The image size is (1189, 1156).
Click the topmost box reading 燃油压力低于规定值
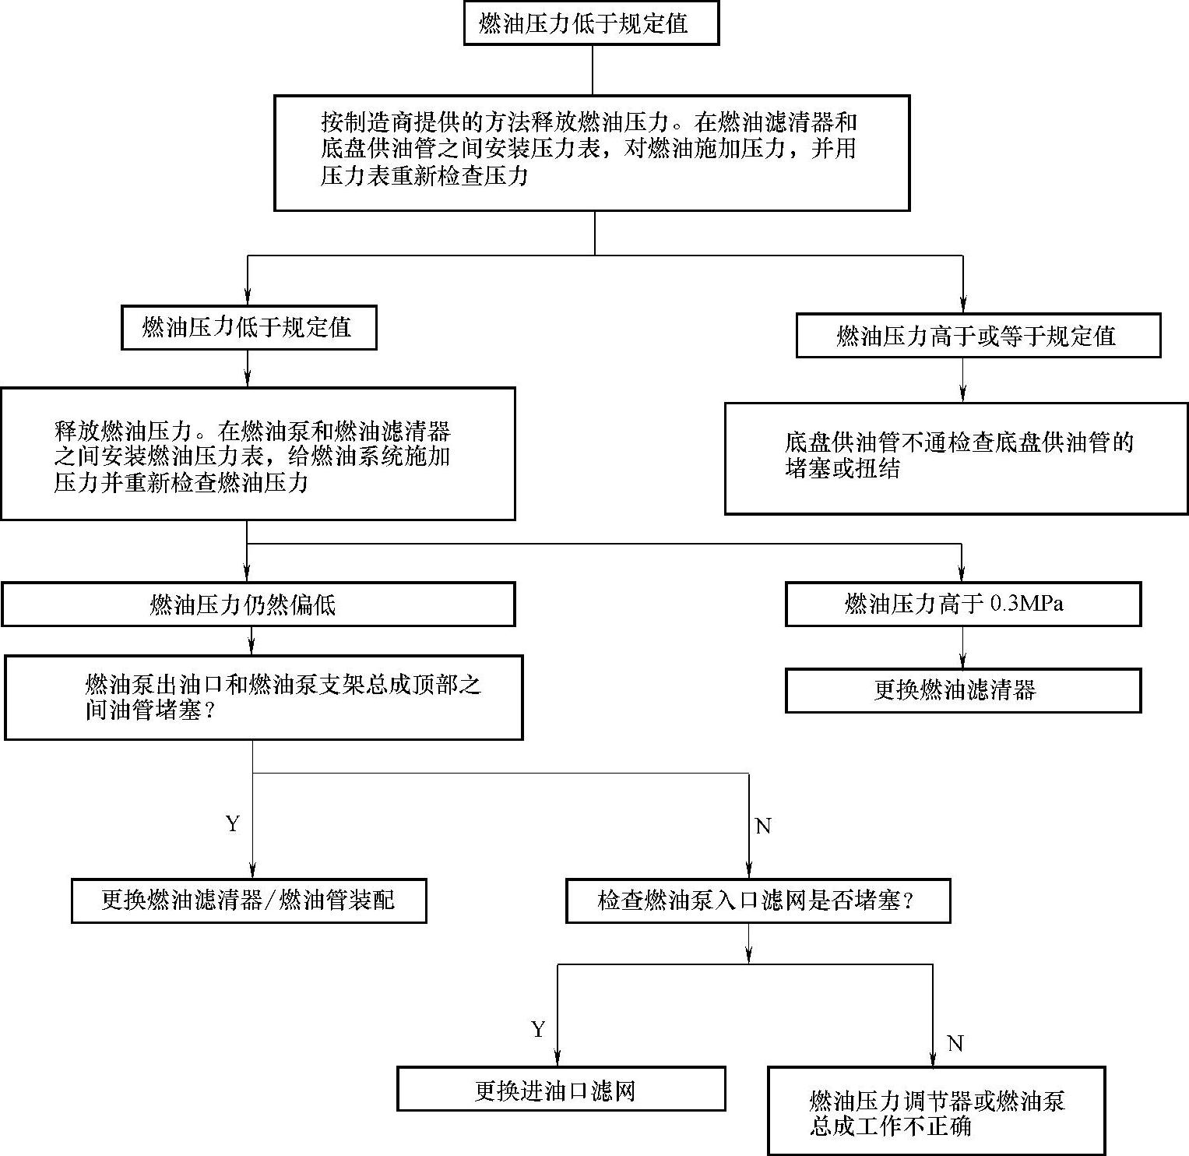click(x=590, y=23)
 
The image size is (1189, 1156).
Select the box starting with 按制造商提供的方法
click(x=592, y=153)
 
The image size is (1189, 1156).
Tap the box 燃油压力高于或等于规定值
click(x=977, y=336)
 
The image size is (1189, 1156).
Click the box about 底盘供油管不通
click(x=955, y=457)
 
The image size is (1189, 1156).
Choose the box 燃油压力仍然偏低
click(x=258, y=604)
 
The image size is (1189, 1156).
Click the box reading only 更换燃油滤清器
click(x=962, y=690)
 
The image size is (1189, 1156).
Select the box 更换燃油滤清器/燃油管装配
click(x=248, y=900)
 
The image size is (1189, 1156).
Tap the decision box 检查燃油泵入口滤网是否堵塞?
click(x=758, y=901)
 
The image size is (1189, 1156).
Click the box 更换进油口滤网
click(x=561, y=1089)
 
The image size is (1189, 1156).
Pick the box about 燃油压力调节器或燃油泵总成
click(x=936, y=1112)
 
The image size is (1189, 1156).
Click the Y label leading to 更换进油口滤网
click(x=538, y=1030)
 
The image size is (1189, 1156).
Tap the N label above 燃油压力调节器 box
click(x=955, y=1044)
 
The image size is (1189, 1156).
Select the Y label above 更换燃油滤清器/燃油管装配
click(x=232, y=824)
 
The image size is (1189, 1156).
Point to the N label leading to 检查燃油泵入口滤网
click(x=763, y=826)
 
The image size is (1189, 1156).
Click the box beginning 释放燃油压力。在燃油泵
click(x=258, y=454)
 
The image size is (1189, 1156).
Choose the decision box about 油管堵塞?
click(x=263, y=697)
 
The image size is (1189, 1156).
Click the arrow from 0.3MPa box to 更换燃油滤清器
click(x=962, y=647)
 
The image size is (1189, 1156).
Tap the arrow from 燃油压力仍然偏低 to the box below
click(x=250, y=640)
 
